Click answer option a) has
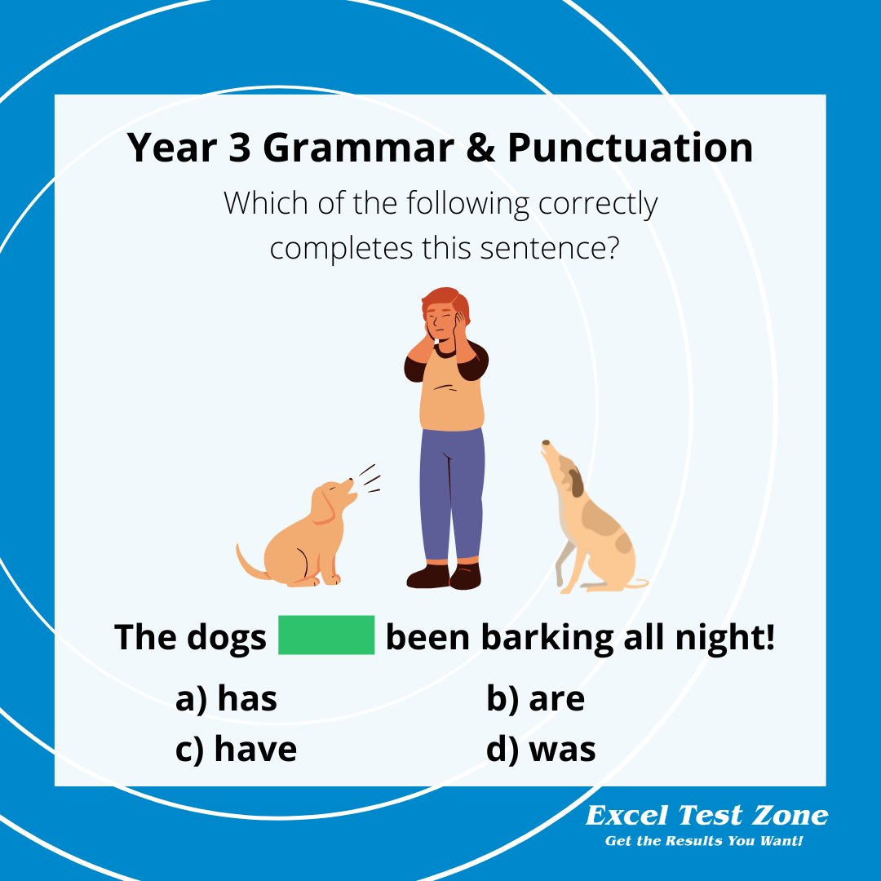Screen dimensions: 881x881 pyautogui.click(x=226, y=700)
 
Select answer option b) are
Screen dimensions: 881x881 pyautogui.click(x=535, y=700)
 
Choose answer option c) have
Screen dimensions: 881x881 pyautogui.click(x=236, y=750)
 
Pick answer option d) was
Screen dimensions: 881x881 pyautogui.click(x=541, y=750)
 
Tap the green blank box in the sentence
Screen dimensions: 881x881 pyautogui.click(x=326, y=635)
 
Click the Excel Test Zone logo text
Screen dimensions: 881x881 pyautogui.click(x=706, y=815)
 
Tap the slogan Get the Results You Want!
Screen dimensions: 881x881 pyautogui.click(x=704, y=840)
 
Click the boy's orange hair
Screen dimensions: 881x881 pyautogui.click(x=440, y=299)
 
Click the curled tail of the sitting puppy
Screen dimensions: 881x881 pyautogui.click(x=247, y=564)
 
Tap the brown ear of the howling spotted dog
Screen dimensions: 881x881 pyautogui.click(x=577, y=482)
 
